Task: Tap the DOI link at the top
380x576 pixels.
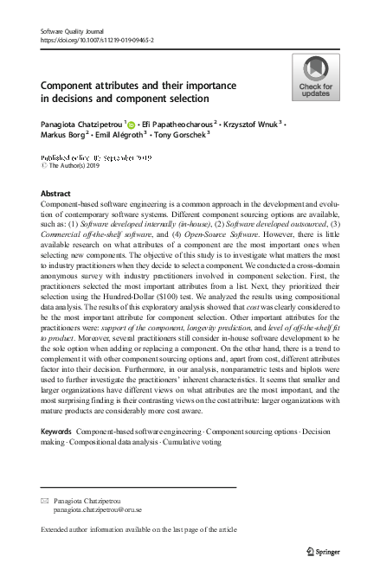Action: pos(90,40)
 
